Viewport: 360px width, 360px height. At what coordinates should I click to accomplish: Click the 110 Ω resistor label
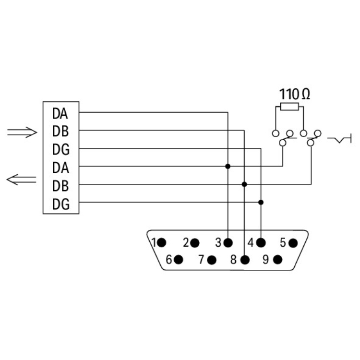click(x=294, y=94)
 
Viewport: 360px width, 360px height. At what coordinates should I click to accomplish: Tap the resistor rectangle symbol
click(x=289, y=107)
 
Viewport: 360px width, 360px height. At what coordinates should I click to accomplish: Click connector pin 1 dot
click(x=162, y=242)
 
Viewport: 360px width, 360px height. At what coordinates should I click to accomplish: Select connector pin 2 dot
click(x=194, y=243)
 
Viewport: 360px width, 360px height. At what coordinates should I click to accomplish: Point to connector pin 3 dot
click(x=228, y=243)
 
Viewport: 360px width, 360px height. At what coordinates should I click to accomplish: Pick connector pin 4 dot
click(x=261, y=242)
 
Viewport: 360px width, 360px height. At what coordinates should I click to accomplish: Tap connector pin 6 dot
click(x=179, y=260)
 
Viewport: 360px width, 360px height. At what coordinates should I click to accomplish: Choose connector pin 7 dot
click(x=212, y=260)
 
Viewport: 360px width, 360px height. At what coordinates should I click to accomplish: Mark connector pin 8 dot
click(x=245, y=260)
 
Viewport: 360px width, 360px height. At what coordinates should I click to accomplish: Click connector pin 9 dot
click(x=277, y=260)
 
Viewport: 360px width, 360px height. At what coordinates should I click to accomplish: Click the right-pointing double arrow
click(x=22, y=132)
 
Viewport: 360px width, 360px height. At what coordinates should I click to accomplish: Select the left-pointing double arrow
click(x=22, y=180)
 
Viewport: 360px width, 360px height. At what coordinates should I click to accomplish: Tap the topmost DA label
click(x=60, y=114)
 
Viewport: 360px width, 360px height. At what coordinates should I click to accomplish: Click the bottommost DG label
click(x=61, y=205)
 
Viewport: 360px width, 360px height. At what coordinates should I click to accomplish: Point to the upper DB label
click(x=61, y=132)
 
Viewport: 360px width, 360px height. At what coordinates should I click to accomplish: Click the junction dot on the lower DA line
click(x=228, y=167)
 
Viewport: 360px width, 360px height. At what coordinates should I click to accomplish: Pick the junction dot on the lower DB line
click(x=244, y=184)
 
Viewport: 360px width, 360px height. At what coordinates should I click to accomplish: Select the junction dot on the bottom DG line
click(x=261, y=202)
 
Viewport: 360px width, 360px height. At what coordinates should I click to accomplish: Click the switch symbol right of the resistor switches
click(x=340, y=139)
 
